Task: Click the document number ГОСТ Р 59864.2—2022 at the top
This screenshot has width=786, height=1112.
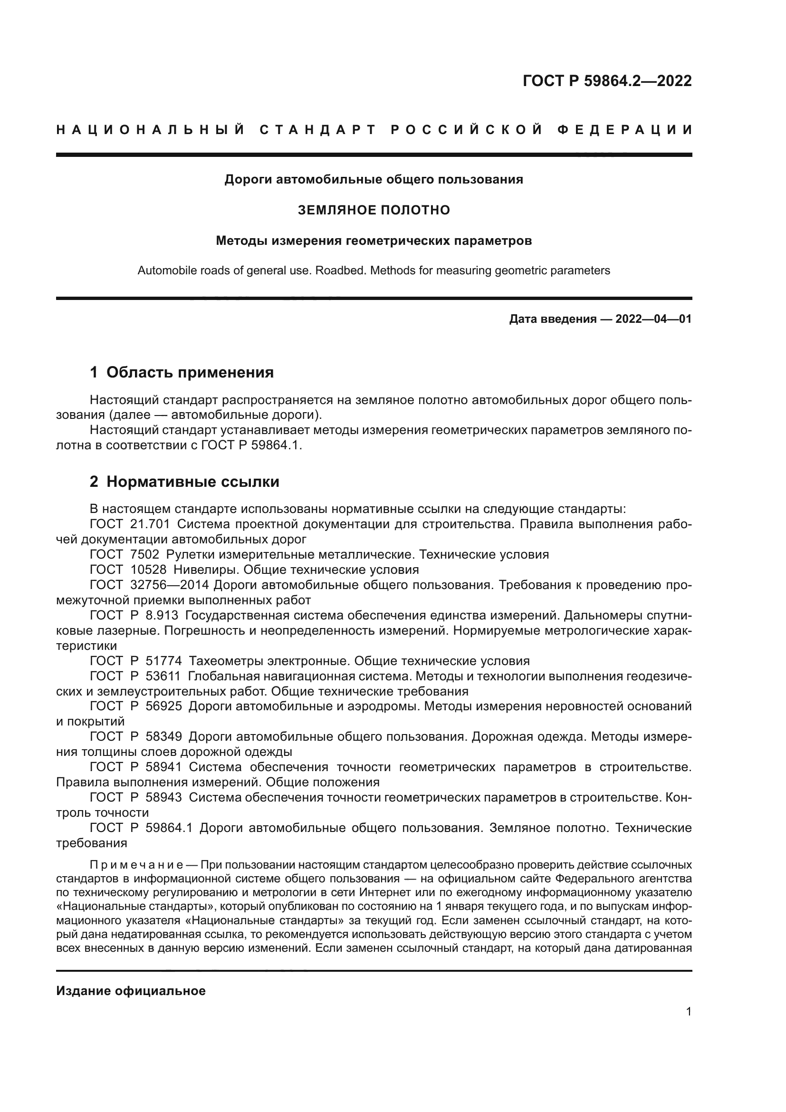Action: tap(607, 81)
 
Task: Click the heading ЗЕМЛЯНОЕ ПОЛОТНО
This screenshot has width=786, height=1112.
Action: tap(374, 210)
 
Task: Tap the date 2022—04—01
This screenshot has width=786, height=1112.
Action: tap(653, 319)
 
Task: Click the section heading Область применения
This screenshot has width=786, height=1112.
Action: tap(190, 372)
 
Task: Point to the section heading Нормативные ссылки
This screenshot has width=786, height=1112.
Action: tap(192, 482)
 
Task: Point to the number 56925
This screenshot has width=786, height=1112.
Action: tap(163, 706)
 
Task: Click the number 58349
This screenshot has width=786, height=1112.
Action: tap(163, 737)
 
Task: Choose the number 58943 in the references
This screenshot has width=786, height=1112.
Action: tap(163, 798)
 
